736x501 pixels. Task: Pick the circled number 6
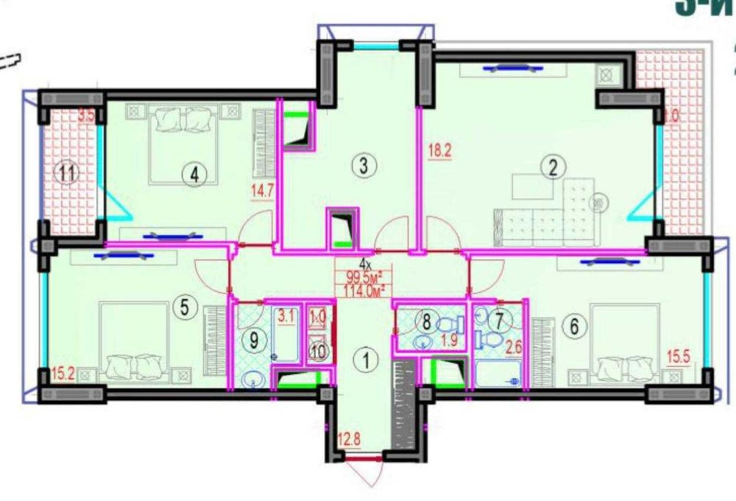click(x=575, y=326)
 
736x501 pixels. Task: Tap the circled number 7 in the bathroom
click(x=500, y=320)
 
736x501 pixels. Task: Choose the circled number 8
click(x=425, y=320)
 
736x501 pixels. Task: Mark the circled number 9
click(x=253, y=340)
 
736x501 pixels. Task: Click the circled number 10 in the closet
click(x=317, y=351)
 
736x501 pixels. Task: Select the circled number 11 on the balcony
click(x=68, y=175)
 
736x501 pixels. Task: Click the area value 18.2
click(x=439, y=153)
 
